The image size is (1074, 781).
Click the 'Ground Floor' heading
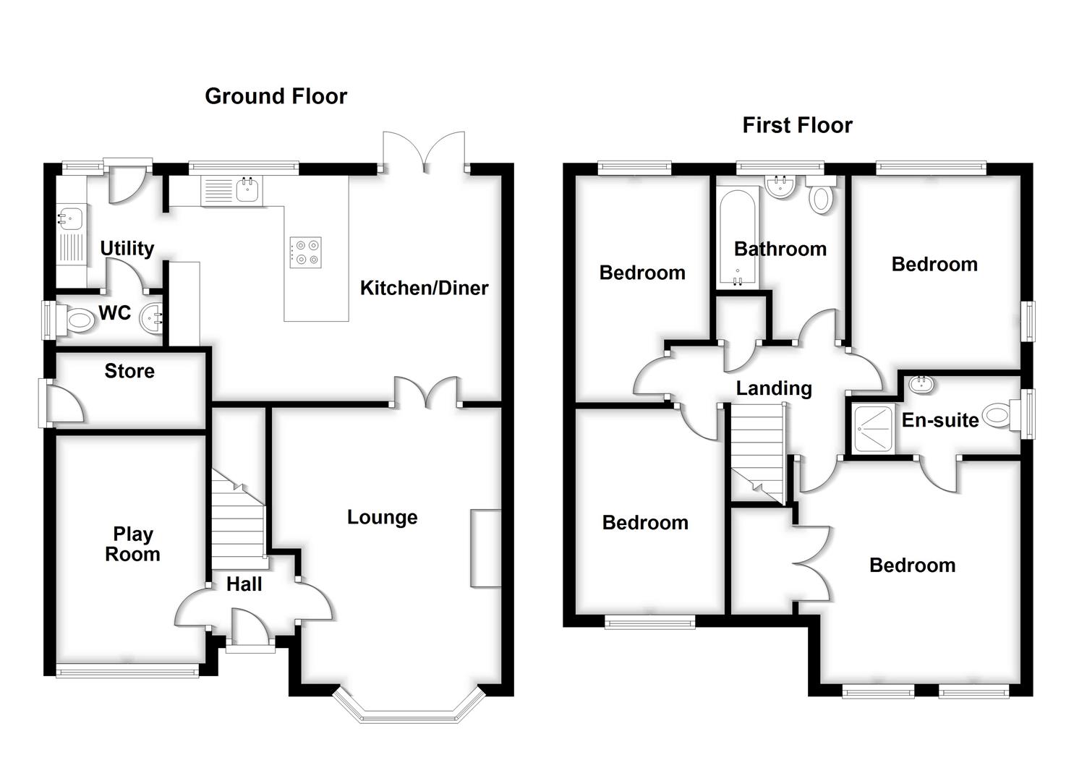(276, 96)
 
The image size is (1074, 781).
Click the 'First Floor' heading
(797, 125)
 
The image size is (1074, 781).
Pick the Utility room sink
(72, 218)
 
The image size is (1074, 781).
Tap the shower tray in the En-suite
(874, 429)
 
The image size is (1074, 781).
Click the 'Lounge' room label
(382, 517)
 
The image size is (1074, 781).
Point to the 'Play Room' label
(132, 544)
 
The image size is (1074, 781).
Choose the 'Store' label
(129, 371)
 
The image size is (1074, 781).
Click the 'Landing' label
(774, 388)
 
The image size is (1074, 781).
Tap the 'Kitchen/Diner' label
(424, 288)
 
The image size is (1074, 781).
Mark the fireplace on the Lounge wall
(485, 547)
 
